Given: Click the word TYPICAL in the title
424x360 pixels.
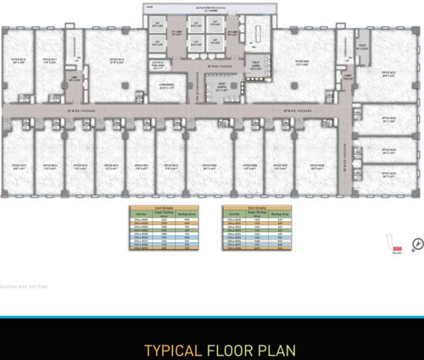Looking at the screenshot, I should click(172, 350).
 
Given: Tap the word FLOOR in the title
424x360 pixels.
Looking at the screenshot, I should click(226, 350).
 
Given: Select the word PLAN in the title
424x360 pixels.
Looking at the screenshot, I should click(273, 350).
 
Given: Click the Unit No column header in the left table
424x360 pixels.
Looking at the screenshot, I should click(142, 213).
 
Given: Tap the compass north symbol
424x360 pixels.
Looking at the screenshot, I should click(416, 246).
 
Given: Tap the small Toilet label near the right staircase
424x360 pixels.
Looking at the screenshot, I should click(362, 47).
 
